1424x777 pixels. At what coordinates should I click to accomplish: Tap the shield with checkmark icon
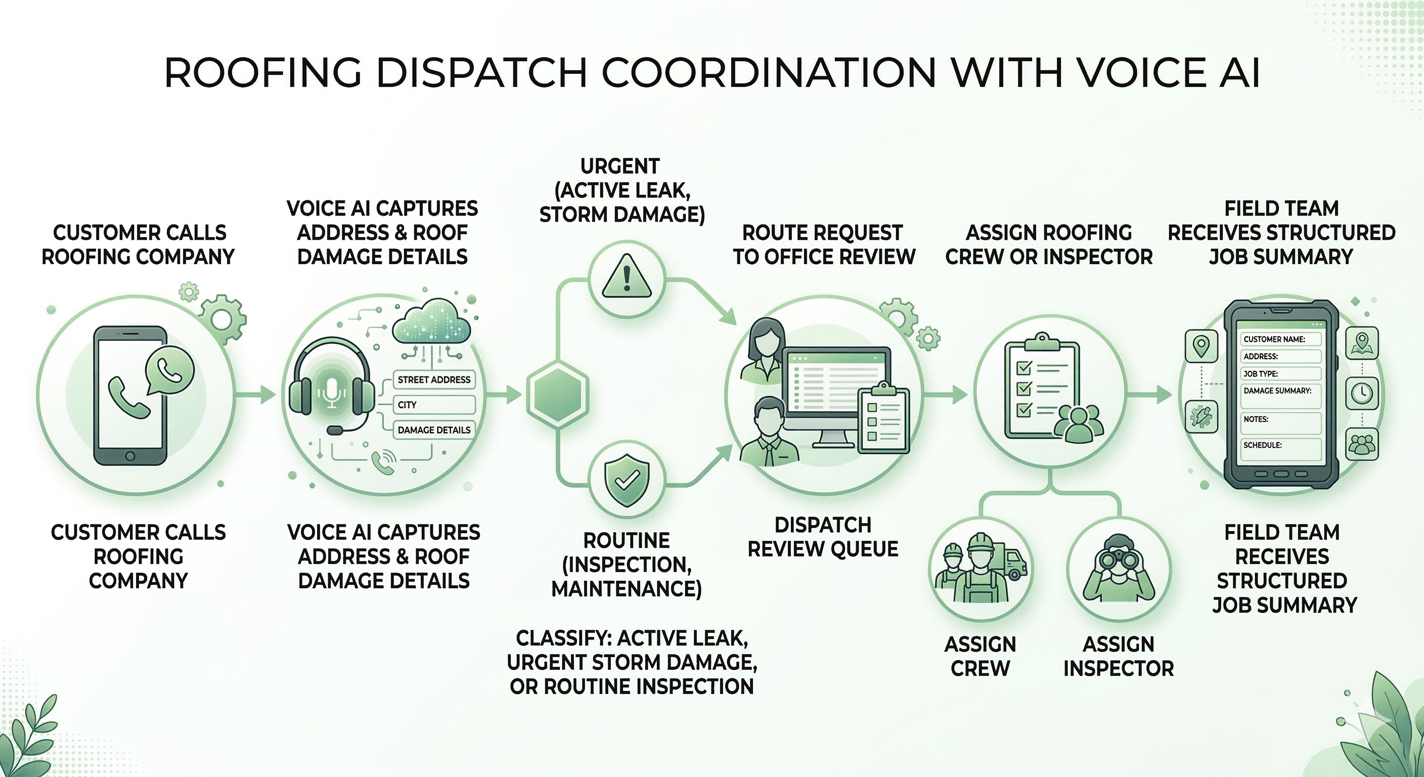pos(627,480)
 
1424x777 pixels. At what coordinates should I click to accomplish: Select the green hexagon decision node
pos(557,393)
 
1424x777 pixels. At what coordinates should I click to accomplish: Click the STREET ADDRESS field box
pos(433,379)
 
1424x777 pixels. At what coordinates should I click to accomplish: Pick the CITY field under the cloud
pos(433,405)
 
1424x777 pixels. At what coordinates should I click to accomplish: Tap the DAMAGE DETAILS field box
pos(433,429)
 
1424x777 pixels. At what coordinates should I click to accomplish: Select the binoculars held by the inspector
pos(1118,560)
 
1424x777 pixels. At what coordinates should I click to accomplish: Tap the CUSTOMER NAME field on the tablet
pos(1281,339)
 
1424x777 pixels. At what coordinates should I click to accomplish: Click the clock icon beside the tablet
pos(1361,393)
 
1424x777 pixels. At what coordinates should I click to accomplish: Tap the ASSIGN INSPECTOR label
pos(1118,657)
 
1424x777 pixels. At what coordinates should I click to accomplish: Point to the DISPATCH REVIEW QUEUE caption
pos(823,536)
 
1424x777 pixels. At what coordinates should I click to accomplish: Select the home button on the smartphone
pos(130,456)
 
